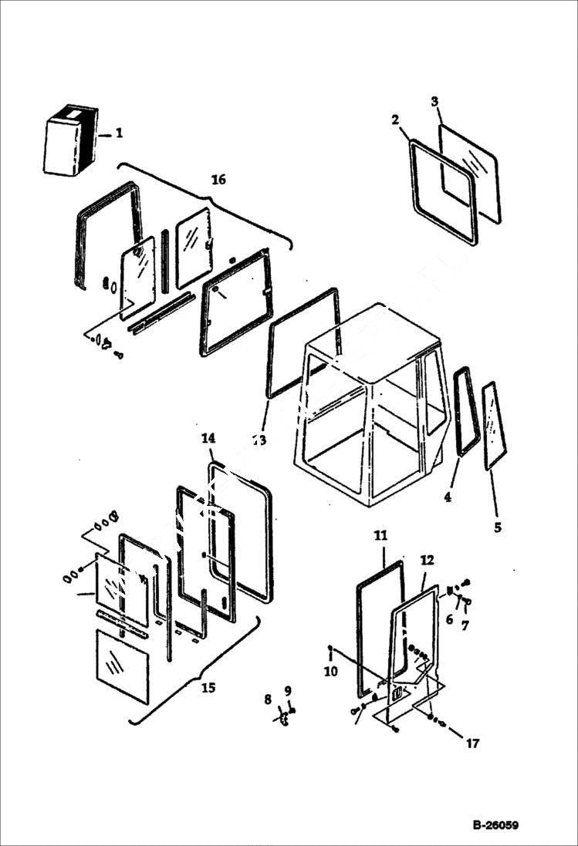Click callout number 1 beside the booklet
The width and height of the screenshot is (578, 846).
point(119,133)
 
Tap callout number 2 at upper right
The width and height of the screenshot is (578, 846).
point(395,120)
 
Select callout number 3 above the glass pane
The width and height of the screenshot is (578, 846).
point(434,102)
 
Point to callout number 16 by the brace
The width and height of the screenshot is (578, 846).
point(218,180)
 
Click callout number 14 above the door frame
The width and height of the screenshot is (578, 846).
point(208,439)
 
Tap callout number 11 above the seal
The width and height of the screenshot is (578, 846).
point(381,534)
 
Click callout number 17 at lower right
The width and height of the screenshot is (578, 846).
point(472,743)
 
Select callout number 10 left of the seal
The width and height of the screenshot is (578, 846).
point(330,672)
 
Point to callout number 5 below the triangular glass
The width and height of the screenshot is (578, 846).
point(498,527)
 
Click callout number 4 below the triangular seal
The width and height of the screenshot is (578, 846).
point(448,497)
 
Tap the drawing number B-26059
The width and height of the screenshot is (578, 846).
point(495,825)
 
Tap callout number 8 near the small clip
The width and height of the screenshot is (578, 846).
point(268,700)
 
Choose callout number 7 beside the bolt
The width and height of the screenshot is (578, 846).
point(465,626)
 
